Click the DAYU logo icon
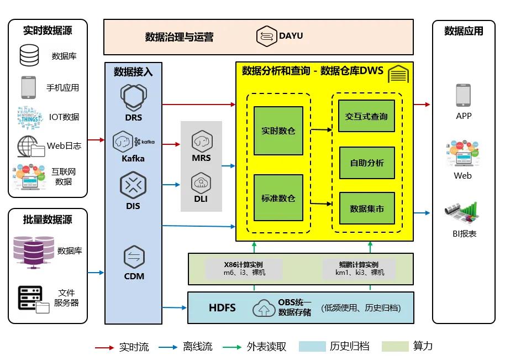[266, 36]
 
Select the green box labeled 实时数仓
[278, 131]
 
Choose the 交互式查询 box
[367, 116]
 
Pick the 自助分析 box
[367, 163]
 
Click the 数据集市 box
[367, 208]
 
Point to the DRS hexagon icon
[133, 97]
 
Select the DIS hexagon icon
[133, 185]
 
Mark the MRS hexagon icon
[202, 142]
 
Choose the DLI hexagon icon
[201, 182]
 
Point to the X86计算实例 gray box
[244, 268]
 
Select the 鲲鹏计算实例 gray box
[359, 268]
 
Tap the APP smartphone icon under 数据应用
[463, 95]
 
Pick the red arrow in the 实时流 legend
[104, 347]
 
